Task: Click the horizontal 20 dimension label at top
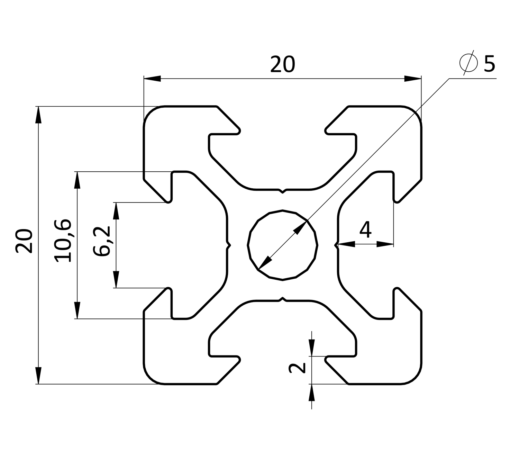282,65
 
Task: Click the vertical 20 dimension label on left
25,241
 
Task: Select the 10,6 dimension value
63,241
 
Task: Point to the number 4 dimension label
365,229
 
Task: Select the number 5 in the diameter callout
489,64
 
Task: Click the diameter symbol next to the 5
468,63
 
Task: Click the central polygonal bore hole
283,245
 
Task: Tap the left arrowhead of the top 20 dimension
152,79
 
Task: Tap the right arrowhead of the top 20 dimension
413,79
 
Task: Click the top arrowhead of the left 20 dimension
38,115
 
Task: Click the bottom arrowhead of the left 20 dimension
38,375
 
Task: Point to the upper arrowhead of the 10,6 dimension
77,180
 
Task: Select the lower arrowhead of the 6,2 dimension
116,279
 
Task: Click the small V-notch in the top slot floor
283,191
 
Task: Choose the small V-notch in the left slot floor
228,245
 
